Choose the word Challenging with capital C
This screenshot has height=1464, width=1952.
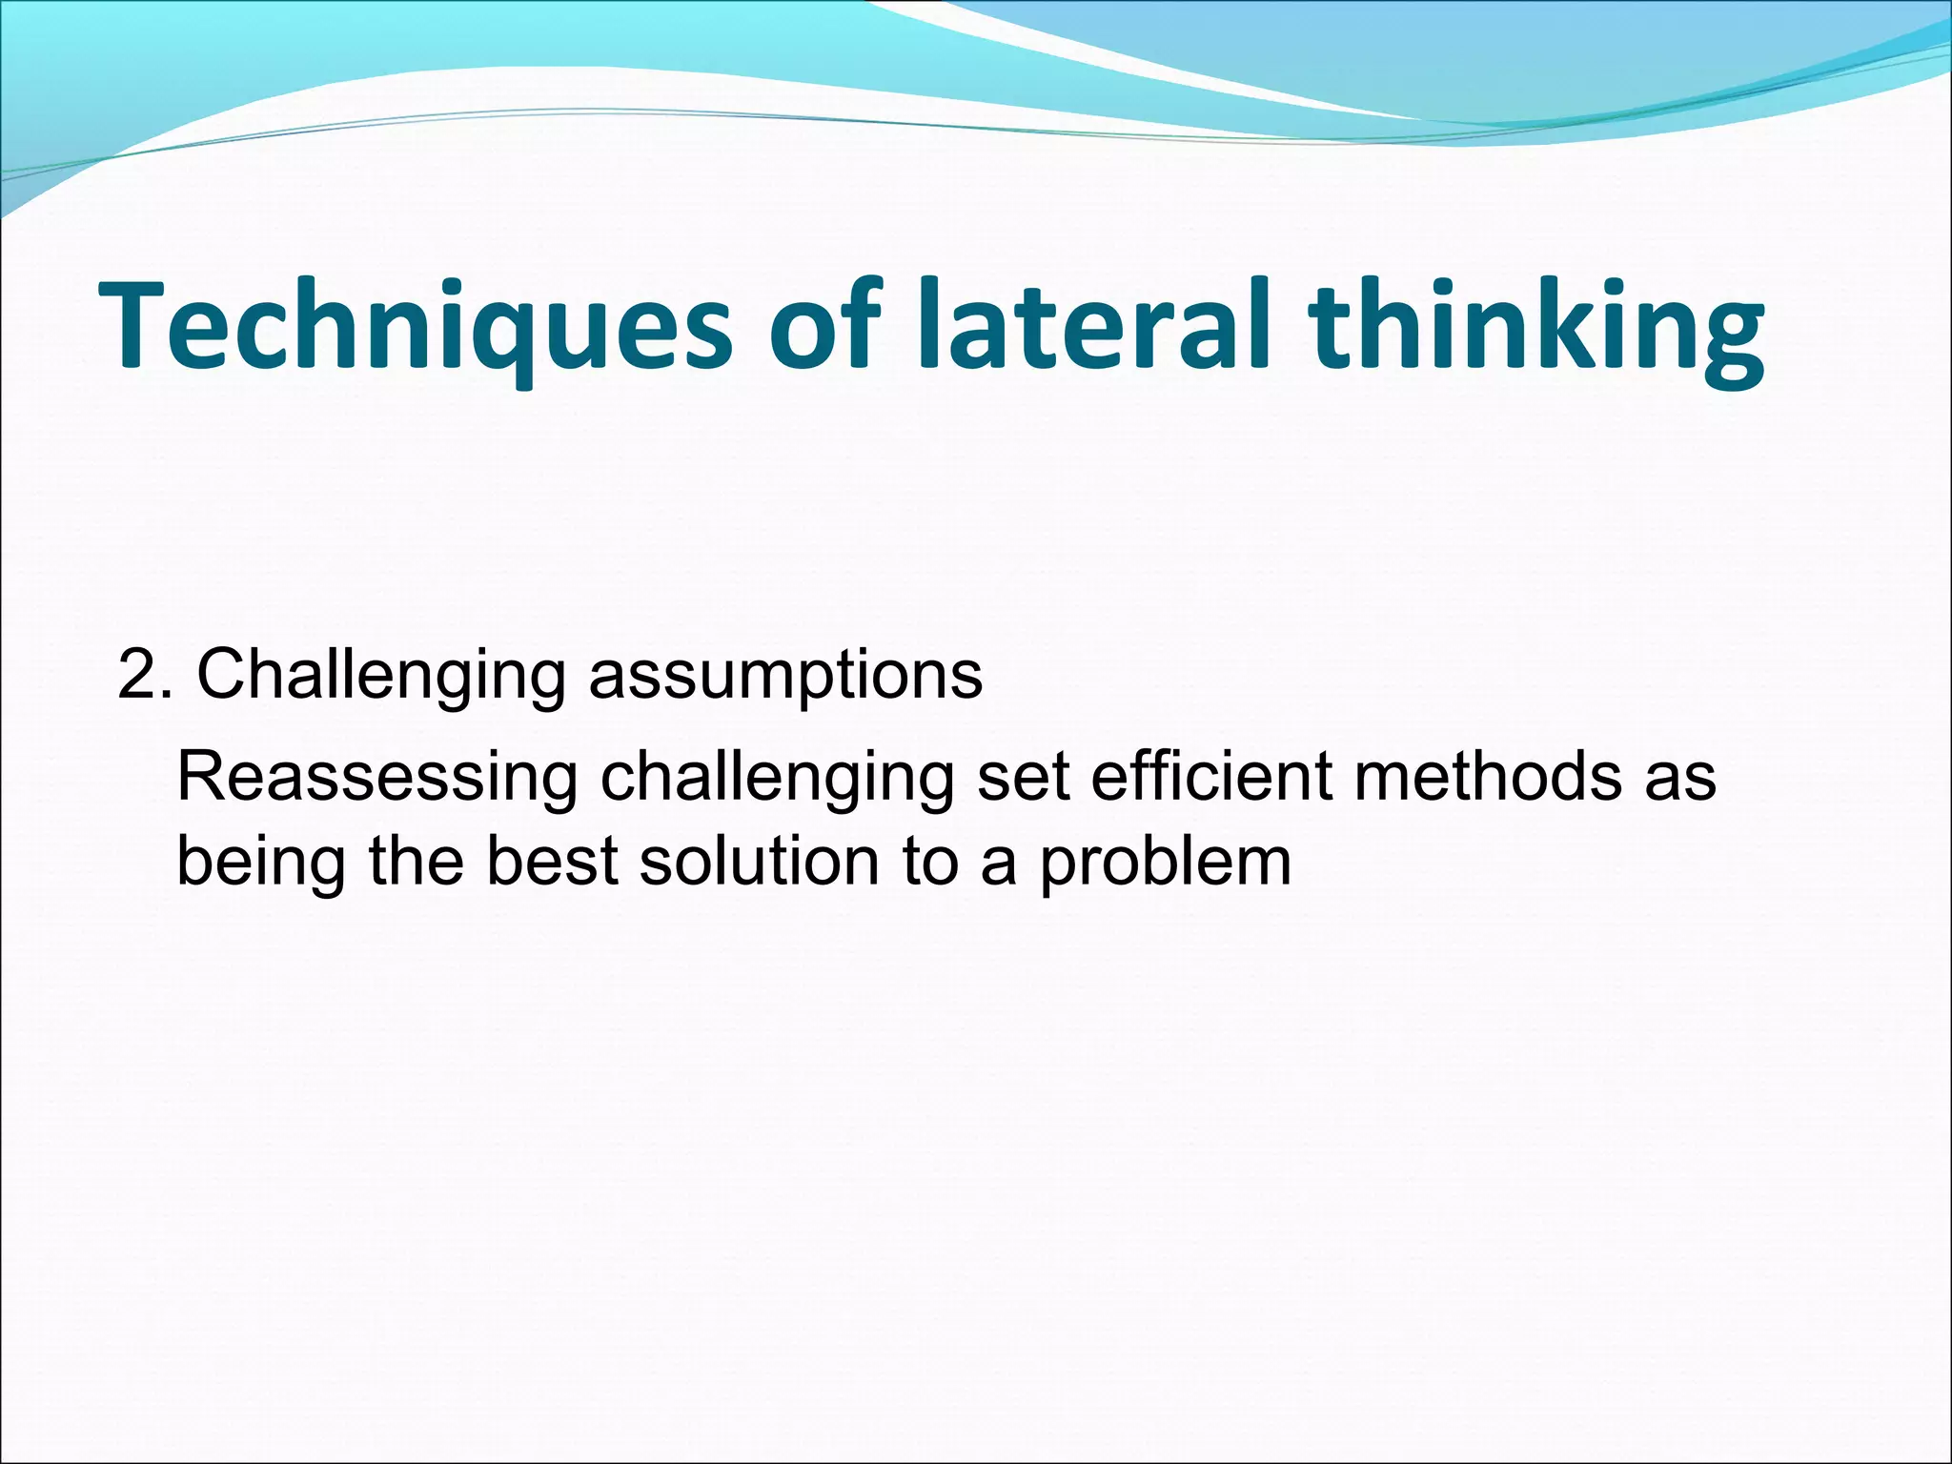click(381, 675)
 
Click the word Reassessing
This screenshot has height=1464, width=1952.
click(377, 778)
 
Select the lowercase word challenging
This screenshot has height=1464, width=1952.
click(776, 778)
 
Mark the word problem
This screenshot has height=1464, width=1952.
click(1165, 864)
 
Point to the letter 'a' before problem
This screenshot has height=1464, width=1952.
click(998, 864)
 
